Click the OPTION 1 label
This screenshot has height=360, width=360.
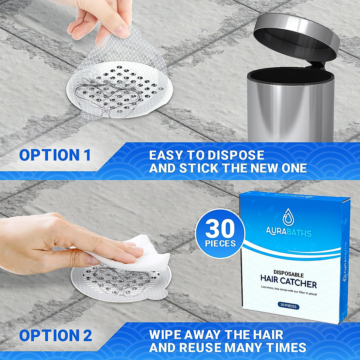click(x=55, y=155)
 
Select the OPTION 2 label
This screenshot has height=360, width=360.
click(x=55, y=335)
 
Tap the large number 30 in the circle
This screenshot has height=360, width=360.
click(x=220, y=229)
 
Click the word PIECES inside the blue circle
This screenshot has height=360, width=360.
click(x=220, y=243)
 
